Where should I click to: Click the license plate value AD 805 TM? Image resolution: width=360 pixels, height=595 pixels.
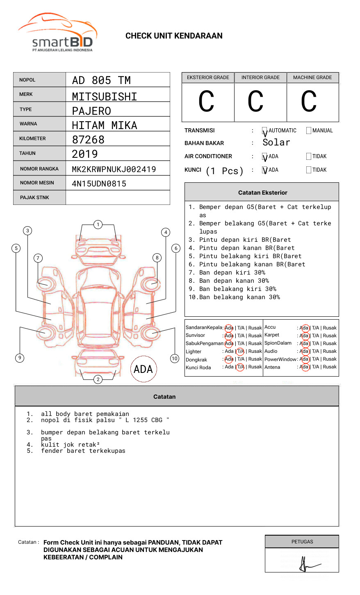(x=101, y=80)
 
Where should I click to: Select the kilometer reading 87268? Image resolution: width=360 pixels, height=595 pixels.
(x=88, y=140)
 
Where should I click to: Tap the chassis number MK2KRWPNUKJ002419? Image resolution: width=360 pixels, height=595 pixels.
(x=114, y=169)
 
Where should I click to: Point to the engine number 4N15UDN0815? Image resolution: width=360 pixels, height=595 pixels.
(x=99, y=184)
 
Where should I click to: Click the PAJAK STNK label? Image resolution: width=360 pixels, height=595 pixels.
(x=34, y=198)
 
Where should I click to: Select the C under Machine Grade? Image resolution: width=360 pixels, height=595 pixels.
(x=309, y=102)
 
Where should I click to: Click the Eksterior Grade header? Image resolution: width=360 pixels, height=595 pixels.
(x=208, y=77)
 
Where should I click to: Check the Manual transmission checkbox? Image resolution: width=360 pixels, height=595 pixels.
(x=309, y=131)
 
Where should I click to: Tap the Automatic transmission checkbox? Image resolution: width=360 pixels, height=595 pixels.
(x=264, y=131)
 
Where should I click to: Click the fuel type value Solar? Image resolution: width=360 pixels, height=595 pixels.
(x=276, y=143)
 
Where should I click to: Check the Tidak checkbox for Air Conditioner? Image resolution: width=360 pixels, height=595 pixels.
(x=309, y=157)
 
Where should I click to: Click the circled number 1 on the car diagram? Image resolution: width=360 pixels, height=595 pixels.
(x=98, y=224)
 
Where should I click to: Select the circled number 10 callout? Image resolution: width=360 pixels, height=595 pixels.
(x=175, y=359)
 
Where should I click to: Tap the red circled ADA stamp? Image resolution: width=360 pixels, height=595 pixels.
(x=144, y=369)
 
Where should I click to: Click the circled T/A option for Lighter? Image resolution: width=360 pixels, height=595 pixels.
(x=240, y=351)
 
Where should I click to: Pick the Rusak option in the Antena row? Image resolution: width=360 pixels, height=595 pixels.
(x=330, y=367)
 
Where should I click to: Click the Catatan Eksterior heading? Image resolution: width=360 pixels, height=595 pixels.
(x=262, y=193)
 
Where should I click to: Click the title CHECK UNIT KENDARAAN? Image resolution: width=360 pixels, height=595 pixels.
(x=174, y=36)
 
